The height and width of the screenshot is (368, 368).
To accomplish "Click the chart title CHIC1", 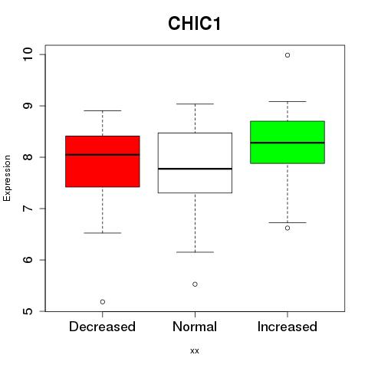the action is point(194,23).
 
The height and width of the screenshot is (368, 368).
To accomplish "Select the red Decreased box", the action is point(103,161).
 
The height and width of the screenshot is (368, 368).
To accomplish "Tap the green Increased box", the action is point(287,142).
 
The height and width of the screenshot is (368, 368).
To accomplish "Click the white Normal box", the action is point(195,163).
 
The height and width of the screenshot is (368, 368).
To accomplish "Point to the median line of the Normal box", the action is point(195,169).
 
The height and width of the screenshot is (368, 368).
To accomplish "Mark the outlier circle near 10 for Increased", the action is point(287,55).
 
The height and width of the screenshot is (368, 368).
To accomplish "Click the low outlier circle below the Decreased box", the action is point(103,302).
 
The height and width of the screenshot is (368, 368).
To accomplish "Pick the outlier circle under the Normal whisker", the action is point(195,284).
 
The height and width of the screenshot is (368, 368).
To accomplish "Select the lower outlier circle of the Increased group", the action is point(287,228).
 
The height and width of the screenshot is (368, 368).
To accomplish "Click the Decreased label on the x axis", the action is point(102,327).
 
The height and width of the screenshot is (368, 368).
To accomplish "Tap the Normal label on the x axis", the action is point(195,327).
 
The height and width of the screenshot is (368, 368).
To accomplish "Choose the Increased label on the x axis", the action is point(287,327).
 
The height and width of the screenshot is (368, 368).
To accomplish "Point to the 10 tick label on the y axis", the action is point(28,54).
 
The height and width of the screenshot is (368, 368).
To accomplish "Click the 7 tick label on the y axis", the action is point(28,209).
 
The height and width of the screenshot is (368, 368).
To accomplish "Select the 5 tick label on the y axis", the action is point(28,311).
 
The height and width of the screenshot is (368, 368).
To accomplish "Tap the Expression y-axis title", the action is point(7,178).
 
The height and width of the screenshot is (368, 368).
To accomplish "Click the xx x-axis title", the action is point(195,351).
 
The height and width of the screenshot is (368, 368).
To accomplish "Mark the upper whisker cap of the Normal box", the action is point(195,103).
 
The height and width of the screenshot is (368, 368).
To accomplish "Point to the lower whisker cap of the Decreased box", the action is point(103,233).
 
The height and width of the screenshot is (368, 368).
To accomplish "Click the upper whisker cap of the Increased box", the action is point(287,101).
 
